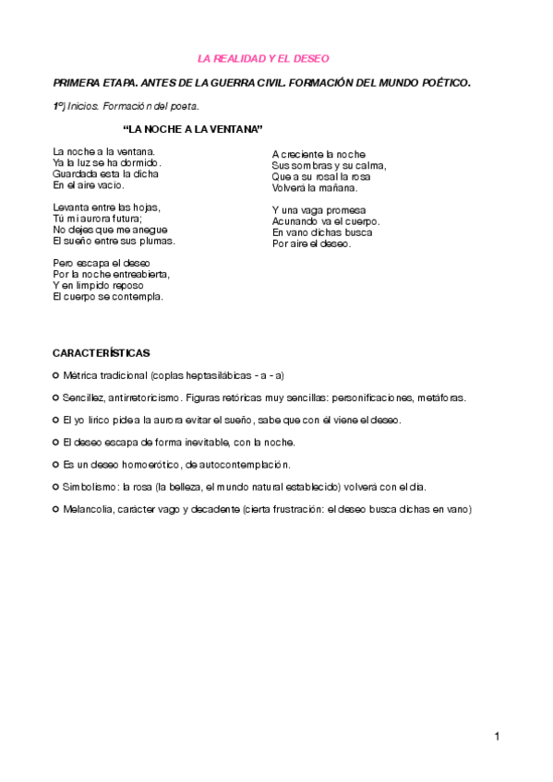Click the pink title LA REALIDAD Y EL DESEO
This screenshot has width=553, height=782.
pyautogui.click(x=264, y=58)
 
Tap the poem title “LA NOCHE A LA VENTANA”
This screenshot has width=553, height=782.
pyautogui.click(x=193, y=128)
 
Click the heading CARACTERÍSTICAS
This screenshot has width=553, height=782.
pyautogui.click(x=101, y=353)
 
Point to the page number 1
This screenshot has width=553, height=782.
pyautogui.click(x=497, y=736)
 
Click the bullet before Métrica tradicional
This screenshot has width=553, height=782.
pyautogui.click(x=56, y=375)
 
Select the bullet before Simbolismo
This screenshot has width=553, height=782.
pyautogui.click(x=56, y=486)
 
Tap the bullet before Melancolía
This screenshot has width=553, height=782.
pyautogui.click(x=56, y=508)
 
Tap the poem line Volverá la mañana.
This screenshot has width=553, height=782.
pyautogui.click(x=315, y=187)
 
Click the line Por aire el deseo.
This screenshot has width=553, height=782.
pyautogui.click(x=312, y=244)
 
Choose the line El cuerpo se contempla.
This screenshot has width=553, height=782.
pyautogui.click(x=108, y=297)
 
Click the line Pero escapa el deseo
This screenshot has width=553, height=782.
pyautogui.click(x=102, y=263)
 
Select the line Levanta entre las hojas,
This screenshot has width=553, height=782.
pyautogui.click(x=106, y=207)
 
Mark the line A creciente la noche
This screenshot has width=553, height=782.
pyautogui.click(x=319, y=154)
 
